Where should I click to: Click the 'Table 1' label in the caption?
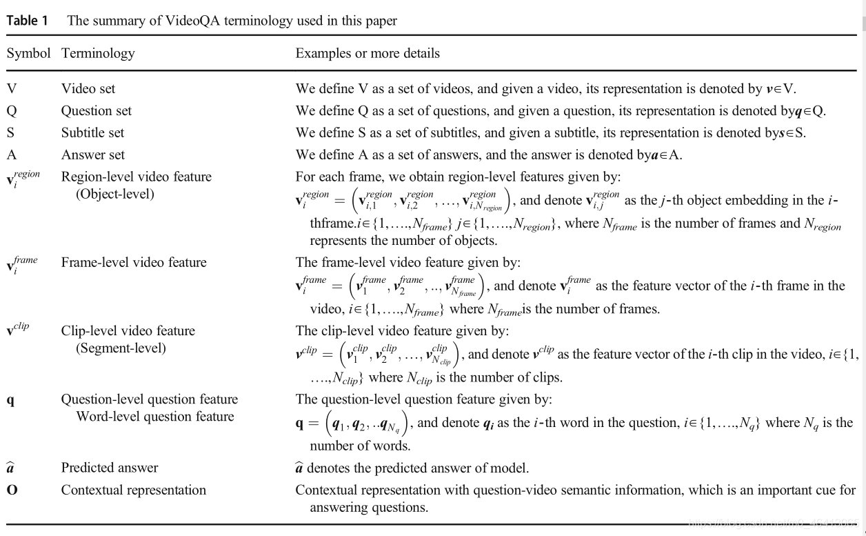click(28, 21)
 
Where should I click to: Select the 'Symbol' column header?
click(28, 53)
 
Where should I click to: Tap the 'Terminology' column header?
click(98, 53)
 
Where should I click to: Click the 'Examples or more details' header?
click(367, 53)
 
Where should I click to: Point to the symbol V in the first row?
click(12, 89)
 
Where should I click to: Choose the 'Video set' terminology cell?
click(88, 89)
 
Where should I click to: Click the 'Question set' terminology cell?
click(97, 111)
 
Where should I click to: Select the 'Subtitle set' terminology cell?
click(93, 133)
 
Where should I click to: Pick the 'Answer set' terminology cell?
click(93, 155)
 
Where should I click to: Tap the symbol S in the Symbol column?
click(11, 133)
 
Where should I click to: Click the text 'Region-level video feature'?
click(137, 177)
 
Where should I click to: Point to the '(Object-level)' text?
click(115, 194)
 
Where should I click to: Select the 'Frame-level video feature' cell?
click(134, 262)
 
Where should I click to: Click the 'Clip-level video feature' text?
click(128, 331)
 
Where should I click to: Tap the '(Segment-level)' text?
click(121, 348)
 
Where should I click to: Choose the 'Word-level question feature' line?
click(155, 416)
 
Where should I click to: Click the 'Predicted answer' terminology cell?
click(110, 468)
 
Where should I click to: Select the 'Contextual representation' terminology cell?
click(134, 490)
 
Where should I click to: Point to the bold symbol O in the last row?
click(12, 490)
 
